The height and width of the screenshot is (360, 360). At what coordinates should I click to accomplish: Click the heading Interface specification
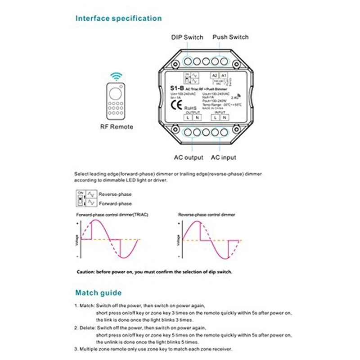point(118,18)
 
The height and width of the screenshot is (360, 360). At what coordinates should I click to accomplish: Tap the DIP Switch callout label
point(187,37)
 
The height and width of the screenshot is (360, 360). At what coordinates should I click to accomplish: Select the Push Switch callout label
point(230,37)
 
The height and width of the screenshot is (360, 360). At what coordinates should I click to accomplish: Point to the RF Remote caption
point(117,127)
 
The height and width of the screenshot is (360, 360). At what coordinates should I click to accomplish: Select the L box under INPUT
point(216,117)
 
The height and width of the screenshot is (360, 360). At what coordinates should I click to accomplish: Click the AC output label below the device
point(189,157)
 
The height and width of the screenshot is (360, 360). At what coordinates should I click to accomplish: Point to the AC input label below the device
point(223,157)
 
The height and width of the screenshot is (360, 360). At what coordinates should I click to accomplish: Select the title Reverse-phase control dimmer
point(207,215)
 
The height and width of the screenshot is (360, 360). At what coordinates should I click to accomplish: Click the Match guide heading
point(98,293)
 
